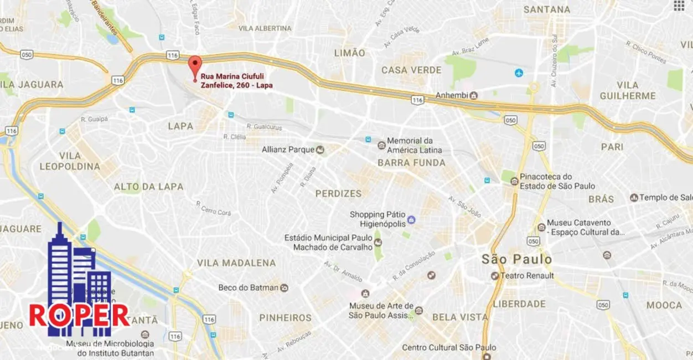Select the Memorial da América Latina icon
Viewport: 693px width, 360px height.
[x=381, y=146]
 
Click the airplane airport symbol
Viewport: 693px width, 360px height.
[x=519, y=73]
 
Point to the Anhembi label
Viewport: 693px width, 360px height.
[x=452, y=95]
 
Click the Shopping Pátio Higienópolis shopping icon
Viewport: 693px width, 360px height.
[x=411, y=220]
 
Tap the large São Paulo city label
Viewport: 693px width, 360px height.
[x=516, y=259]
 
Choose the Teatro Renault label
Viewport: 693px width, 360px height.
[x=526, y=276]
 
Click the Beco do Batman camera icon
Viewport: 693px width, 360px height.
[x=285, y=288]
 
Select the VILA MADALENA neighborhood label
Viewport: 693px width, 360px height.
[x=236, y=263]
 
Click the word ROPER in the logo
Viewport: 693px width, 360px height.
[x=79, y=315]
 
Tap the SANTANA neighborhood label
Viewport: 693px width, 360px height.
[x=547, y=9]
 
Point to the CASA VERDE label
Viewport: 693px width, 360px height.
[x=411, y=70]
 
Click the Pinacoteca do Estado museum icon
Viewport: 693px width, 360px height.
[x=514, y=181]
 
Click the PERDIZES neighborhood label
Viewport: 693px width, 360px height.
[x=338, y=194]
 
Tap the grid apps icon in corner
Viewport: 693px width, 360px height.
[x=679, y=6]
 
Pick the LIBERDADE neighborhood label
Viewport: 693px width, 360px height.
[x=519, y=304]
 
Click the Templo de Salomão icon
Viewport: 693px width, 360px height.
[x=634, y=198]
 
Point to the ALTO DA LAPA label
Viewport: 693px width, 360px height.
[x=148, y=187]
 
